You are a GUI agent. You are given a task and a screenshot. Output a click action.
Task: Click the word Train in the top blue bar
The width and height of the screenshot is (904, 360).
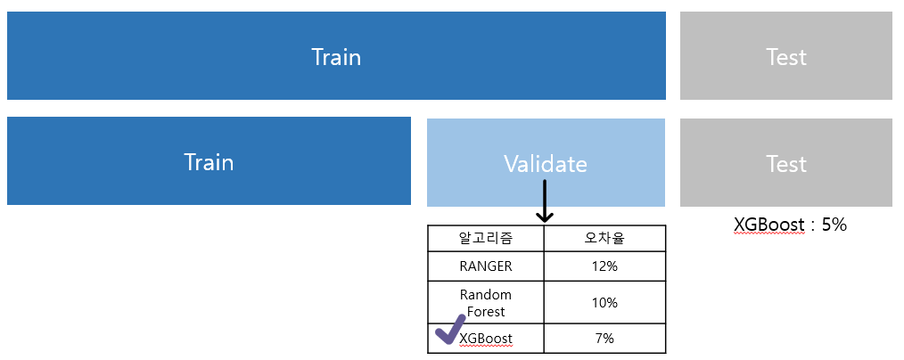click(x=336, y=57)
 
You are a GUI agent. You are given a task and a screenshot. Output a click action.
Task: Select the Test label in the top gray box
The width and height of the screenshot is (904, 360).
click(x=785, y=57)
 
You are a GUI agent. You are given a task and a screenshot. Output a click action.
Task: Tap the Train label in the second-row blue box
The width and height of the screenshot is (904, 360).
click(x=209, y=162)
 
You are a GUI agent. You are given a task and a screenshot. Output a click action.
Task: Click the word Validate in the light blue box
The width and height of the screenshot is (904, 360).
click(x=546, y=164)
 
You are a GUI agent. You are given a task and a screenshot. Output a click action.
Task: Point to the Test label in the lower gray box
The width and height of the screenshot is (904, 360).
click(x=785, y=164)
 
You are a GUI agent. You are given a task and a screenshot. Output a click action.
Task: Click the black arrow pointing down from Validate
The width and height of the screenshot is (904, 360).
click(x=544, y=200)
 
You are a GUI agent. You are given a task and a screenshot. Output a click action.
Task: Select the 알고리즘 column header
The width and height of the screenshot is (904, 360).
click(x=486, y=239)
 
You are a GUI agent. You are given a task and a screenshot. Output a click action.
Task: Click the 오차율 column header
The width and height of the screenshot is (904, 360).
click(x=604, y=239)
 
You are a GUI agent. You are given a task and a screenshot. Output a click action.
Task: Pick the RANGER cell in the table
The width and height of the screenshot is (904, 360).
click(x=486, y=266)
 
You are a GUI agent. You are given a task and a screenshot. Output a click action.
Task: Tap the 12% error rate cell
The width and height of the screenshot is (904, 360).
click(x=604, y=266)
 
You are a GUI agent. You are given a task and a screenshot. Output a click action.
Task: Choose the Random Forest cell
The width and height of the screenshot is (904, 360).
click(x=486, y=303)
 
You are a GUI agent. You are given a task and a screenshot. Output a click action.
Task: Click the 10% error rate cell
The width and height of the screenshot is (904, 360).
click(x=604, y=302)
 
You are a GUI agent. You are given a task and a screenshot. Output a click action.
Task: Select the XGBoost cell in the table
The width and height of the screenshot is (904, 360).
click(x=486, y=338)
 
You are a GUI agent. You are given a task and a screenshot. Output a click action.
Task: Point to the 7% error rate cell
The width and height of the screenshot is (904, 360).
click(x=604, y=338)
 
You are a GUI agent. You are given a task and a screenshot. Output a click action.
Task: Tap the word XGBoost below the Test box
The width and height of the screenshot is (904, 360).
click(x=769, y=224)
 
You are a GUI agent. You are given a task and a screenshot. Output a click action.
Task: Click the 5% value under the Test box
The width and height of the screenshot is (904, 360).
click(x=834, y=224)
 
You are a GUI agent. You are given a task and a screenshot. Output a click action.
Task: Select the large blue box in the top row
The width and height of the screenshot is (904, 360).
click(x=336, y=56)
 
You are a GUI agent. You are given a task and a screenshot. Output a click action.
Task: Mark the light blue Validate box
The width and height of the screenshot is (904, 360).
click(x=546, y=162)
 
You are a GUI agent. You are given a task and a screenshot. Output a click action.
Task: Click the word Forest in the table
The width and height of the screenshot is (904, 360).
click(x=486, y=312)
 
